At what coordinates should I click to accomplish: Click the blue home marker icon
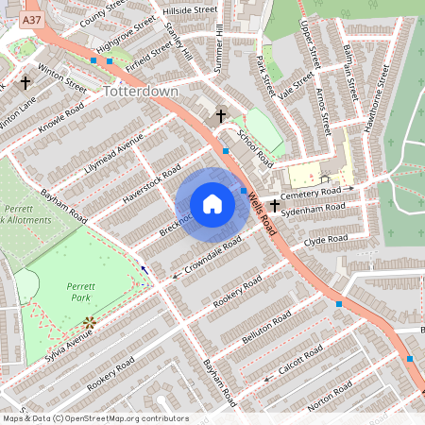[x=212, y=204]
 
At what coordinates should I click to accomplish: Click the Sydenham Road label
[x=315, y=209]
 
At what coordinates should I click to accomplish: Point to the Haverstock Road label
[x=151, y=183]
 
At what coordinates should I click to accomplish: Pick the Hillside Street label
[x=190, y=8]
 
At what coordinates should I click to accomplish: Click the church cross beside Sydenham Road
[x=275, y=204]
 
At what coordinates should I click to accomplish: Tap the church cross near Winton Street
[x=25, y=81]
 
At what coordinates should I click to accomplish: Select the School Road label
[x=257, y=148]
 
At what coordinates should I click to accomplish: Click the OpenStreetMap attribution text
[x=94, y=418]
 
